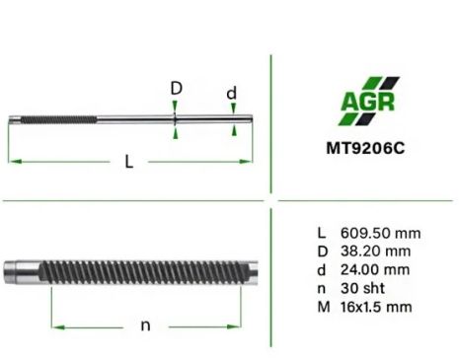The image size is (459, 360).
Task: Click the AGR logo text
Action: [367, 102]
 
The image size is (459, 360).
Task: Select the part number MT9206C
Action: [365, 148]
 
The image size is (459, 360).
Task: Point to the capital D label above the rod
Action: [177, 88]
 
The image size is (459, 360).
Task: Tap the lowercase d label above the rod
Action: [232, 93]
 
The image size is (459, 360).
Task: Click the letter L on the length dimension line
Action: [129, 162]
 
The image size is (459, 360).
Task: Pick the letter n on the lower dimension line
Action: [145, 325]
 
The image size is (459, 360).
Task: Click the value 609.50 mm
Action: [380, 233]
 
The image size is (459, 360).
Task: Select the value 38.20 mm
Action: [375, 252]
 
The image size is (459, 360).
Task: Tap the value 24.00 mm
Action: [375, 270]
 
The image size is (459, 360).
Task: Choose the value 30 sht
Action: [362, 288]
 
